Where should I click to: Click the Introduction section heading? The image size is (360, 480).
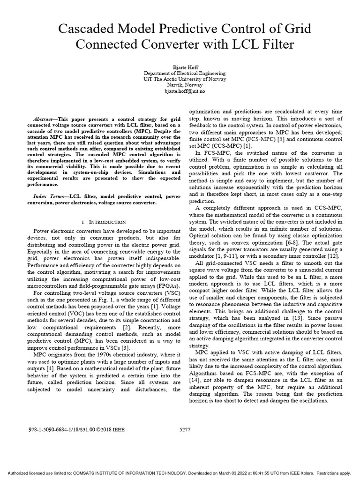pos(105,222)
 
